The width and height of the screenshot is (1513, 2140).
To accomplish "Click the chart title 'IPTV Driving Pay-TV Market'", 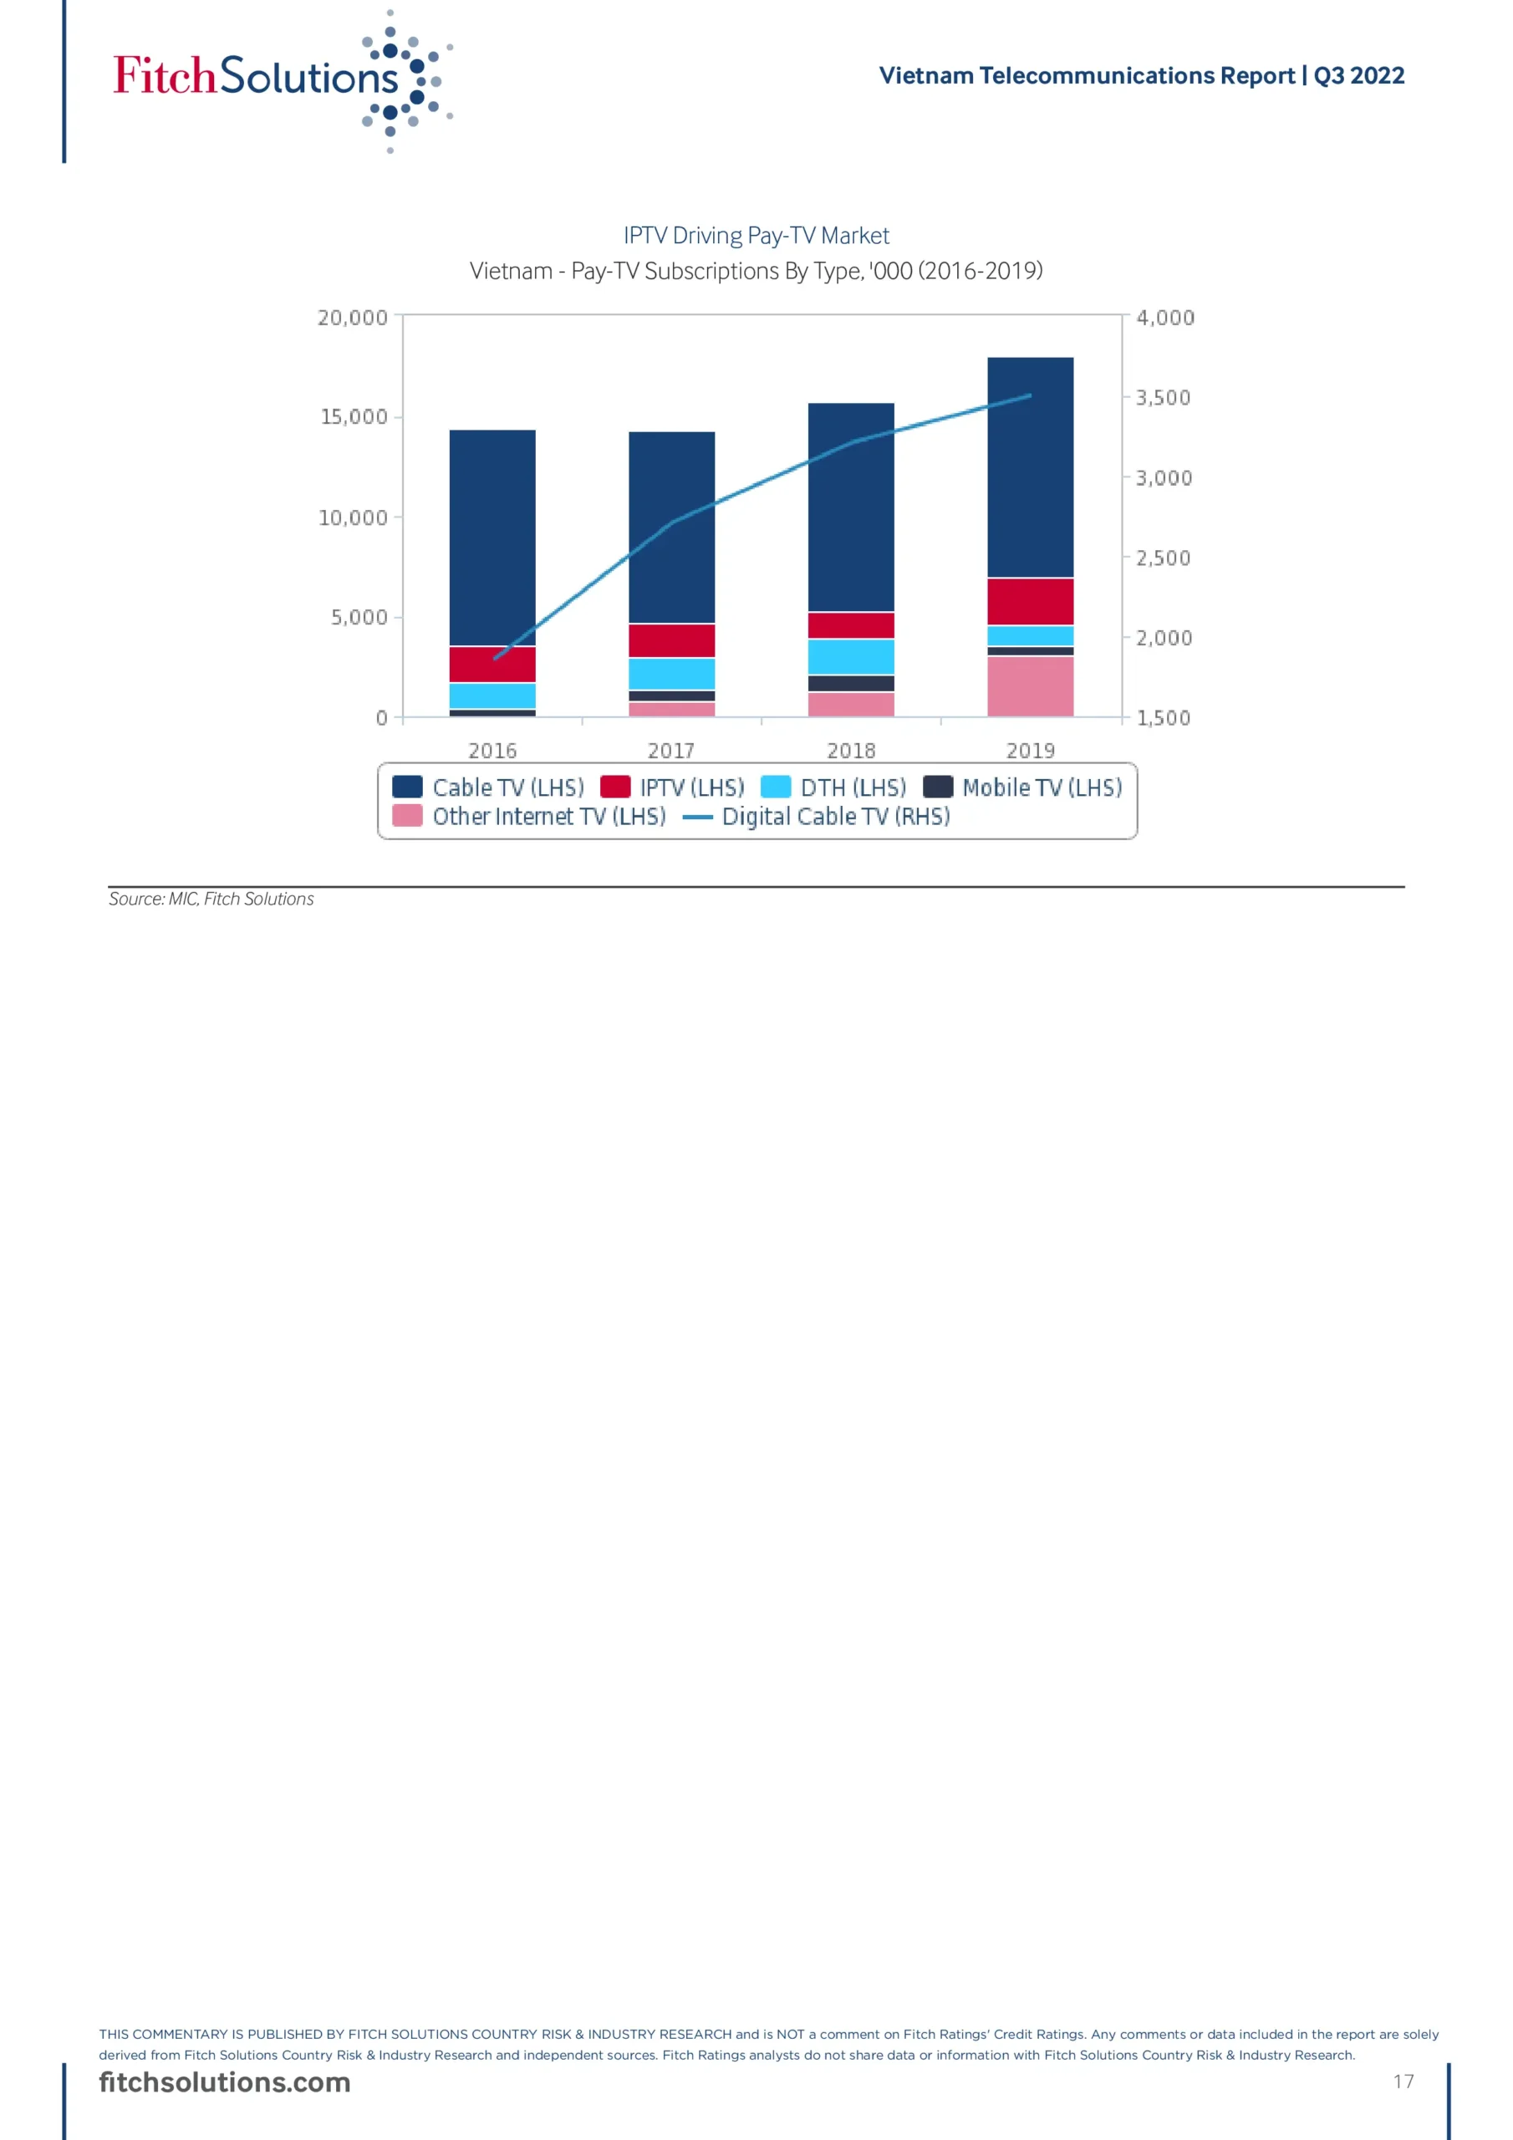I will point(756,236).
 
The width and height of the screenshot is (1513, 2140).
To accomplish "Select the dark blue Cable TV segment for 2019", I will point(1030,466).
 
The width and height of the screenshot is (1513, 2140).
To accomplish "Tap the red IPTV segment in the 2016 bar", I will point(492,664).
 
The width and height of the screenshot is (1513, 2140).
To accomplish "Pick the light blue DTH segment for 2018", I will point(850,656).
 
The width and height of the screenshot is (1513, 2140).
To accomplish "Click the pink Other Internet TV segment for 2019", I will point(1030,686).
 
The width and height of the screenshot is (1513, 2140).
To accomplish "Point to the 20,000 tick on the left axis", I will point(353,318).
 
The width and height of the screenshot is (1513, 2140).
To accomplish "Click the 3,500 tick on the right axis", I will point(1163,398).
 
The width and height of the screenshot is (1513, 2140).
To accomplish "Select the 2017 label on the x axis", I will point(671,751).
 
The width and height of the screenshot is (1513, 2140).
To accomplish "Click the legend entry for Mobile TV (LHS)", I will point(1024,787).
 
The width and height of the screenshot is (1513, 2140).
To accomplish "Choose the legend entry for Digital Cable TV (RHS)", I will point(818,817).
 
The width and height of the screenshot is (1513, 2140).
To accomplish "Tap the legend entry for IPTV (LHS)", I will point(673,787).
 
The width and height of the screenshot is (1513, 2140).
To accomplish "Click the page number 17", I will point(1403,2081).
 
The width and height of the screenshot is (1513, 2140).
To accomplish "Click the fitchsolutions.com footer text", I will point(225,2082).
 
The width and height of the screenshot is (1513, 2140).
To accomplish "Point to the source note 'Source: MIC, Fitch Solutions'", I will point(211,899).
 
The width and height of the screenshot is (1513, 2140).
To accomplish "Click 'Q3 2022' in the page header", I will point(1358,75).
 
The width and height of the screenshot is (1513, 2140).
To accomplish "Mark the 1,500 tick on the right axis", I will point(1163,719).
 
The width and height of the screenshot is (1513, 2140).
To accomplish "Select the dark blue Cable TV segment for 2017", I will point(671,527).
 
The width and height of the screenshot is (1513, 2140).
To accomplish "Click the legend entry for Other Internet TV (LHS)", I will point(529,817).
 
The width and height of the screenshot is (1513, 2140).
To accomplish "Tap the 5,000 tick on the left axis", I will point(359,617).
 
